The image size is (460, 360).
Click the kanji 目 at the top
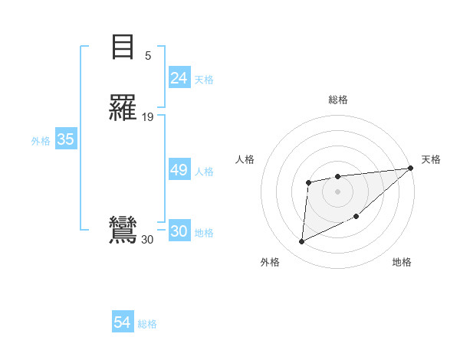click(123, 47)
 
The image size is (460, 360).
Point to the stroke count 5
click(148, 55)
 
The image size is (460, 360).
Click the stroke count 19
click(148, 117)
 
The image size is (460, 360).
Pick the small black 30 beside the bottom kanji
click(147, 240)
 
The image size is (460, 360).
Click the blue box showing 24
click(179, 78)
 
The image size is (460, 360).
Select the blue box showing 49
click(179, 170)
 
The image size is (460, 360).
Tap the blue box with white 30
click(179, 232)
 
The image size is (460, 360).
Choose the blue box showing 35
click(65, 139)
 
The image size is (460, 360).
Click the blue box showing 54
click(122, 323)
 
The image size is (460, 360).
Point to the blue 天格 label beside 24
click(204, 80)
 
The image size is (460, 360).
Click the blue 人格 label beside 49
click(204, 172)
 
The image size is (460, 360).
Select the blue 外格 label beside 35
click(41, 141)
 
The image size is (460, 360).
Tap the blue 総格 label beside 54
click(147, 325)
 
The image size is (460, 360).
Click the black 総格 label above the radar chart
click(337, 100)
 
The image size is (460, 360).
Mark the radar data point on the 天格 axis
click(410, 168)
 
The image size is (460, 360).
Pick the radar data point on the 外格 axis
click(301, 242)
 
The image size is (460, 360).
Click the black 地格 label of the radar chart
click(402, 263)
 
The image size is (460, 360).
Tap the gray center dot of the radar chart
click(337, 191)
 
